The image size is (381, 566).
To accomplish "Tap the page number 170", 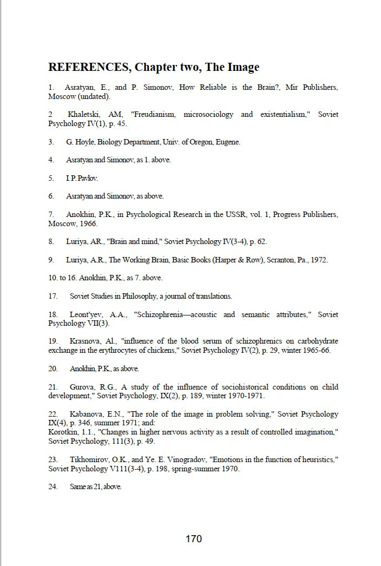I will pos(193,539).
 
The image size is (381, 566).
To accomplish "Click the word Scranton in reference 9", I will pos(266,260).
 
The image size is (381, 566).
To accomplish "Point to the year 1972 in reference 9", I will pos(319,260).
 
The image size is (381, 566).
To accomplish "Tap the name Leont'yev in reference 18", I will pos(87,314).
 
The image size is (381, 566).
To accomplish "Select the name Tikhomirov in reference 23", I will pos(89,459).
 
